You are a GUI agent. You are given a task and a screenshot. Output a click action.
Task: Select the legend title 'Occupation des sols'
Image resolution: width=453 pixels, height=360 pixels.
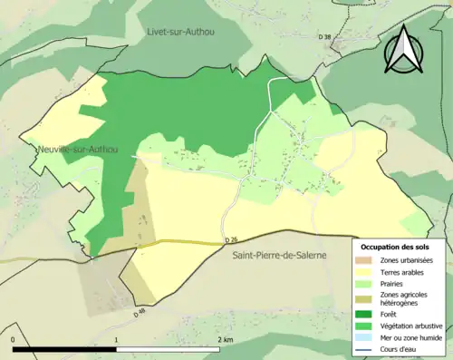(x=395, y=247)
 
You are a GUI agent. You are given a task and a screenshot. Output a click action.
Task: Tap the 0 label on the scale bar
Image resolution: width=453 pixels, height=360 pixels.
(x=14, y=339)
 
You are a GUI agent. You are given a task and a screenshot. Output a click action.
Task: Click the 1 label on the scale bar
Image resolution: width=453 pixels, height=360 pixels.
(x=116, y=339)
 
